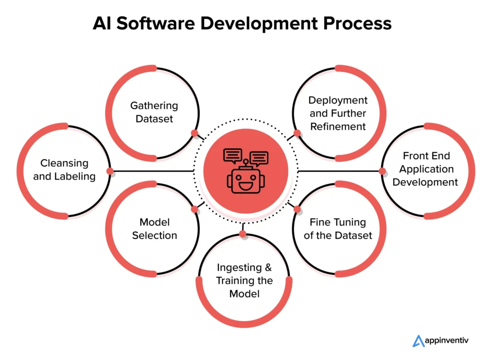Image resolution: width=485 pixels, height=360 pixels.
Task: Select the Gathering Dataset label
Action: [154, 112]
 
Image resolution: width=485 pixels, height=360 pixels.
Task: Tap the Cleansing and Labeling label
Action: [64, 170]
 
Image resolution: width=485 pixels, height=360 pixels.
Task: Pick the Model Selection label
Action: [154, 228]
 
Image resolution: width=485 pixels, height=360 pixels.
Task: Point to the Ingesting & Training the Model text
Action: [244, 280]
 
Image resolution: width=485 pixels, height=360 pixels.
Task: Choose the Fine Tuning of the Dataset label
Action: [338, 228]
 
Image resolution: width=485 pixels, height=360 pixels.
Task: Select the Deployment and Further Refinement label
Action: [338, 113]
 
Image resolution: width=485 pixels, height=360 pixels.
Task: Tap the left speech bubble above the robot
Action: [233, 154]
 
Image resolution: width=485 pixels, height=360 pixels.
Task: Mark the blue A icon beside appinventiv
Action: [419, 341]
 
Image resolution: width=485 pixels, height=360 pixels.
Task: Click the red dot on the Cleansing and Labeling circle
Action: [110, 171]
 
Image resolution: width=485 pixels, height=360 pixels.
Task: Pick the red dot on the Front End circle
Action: [382, 171]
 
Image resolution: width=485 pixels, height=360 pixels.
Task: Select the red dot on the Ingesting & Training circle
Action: [242, 234]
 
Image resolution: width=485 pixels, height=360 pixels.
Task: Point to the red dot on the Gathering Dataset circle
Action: [194, 133]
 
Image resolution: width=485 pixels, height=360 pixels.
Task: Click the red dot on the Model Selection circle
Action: [194, 209]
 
